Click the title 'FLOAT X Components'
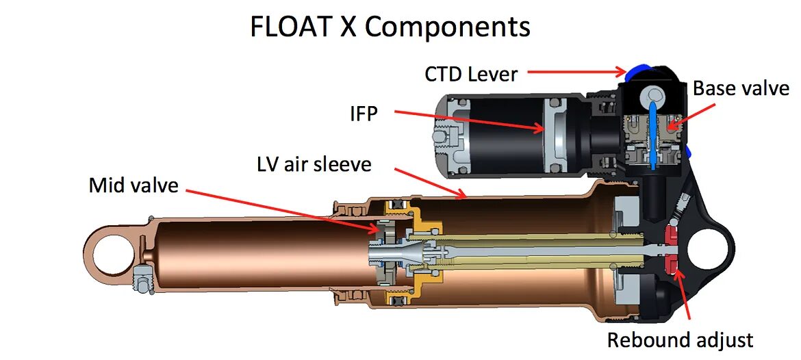(x=390, y=27)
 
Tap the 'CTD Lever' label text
(x=471, y=74)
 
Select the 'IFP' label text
(x=364, y=114)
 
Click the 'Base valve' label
(x=741, y=89)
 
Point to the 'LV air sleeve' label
(x=314, y=164)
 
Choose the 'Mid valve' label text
(x=133, y=185)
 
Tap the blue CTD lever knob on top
(x=633, y=70)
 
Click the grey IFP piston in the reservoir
(x=555, y=133)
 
